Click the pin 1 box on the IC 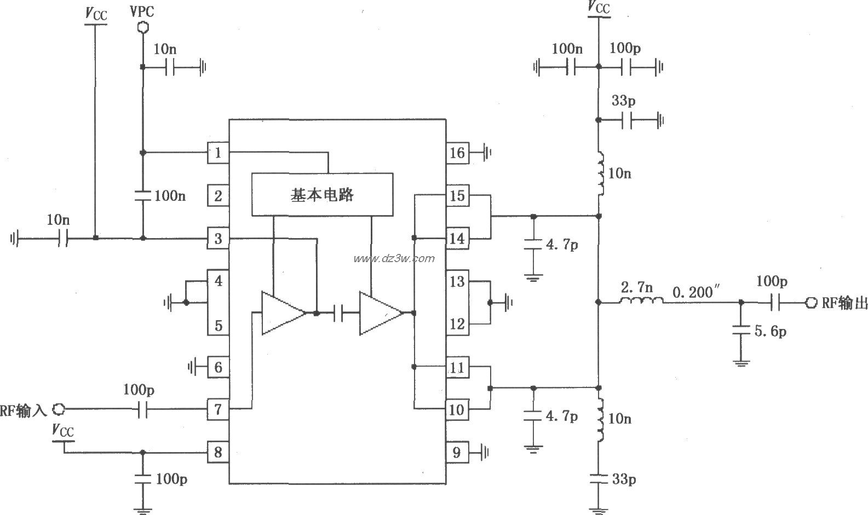[218, 153]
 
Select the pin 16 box [457, 153]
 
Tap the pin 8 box [218, 452]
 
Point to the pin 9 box [457, 452]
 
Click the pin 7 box [218, 409]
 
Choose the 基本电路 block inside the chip [322, 195]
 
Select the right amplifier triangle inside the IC [379, 313]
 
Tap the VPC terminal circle [142, 26]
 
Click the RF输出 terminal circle [810, 302]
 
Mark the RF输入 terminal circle [59, 409]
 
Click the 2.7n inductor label [636, 286]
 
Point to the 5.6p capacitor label [771, 331]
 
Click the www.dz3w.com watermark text [394, 258]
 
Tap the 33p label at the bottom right [624, 479]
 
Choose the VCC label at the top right [599, 8]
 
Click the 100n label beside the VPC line [170, 195]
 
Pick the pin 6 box [218, 367]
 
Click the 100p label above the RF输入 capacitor [139, 390]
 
